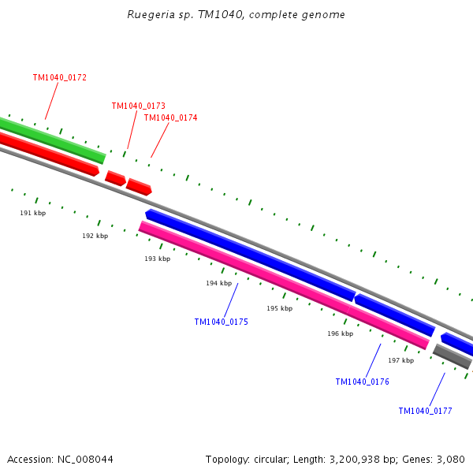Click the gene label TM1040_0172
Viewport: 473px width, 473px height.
pyautogui.click(x=60, y=78)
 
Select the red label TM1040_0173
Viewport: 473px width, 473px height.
pyautogui.click(x=138, y=106)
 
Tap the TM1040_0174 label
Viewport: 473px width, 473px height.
pyautogui.click(x=170, y=118)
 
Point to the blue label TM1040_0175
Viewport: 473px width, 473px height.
pyautogui.click(x=221, y=322)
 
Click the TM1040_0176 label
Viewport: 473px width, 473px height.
pyautogui.click(x=362, y=382)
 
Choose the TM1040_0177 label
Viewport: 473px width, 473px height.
pyautogui.click(x=425, y=411)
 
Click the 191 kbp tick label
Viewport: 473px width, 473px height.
pyautogui.click(x=33, y=213)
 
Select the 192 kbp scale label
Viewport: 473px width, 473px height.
pyautogui.click(x=95, y=236)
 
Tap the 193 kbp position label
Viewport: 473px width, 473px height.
pyautogui.click(x=157, y=259)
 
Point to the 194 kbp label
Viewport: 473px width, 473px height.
pyautogui.click(x=218, y=283)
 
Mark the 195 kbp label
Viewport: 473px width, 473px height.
pyautogui.click(x=279, y=308)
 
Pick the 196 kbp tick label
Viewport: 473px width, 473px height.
pyautogui.click(x=340, y=334)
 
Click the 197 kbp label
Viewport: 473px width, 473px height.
pyautogui.click(x=400, y=360)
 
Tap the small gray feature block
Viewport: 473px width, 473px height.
pyautogui.click(x=452, y=356)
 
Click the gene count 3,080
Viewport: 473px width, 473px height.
pyautogui.click(x=450, y=459)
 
